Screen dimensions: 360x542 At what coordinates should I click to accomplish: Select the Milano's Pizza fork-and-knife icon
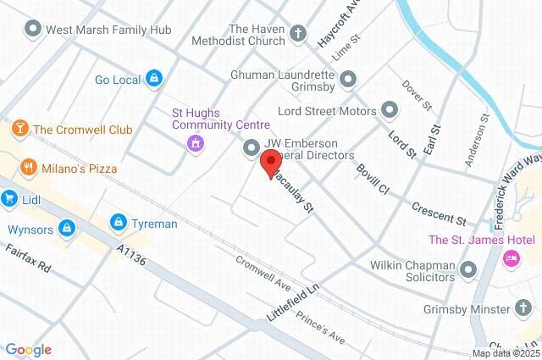29,168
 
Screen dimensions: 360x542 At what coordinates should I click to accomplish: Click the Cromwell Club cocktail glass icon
18,129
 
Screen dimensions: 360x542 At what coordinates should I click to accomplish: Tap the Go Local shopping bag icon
153,80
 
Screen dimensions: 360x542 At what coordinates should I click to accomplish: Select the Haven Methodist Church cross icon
296,34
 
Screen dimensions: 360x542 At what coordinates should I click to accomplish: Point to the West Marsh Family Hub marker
33,29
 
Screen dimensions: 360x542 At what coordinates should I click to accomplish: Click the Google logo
28,349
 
